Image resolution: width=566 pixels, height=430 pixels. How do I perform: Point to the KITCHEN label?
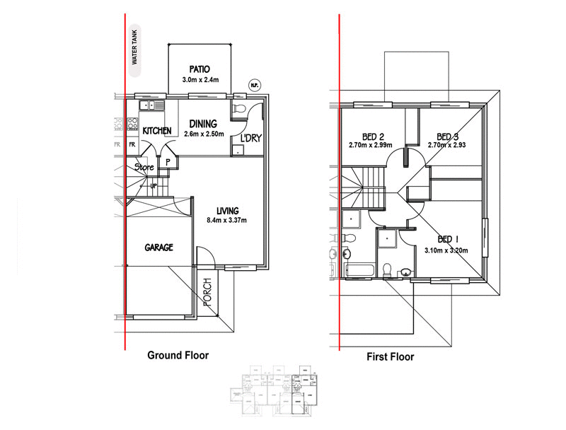(x=156, y=132)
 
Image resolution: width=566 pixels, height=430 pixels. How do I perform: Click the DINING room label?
(x=202, y=124)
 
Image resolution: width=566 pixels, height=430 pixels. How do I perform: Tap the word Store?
(x=144, y=168)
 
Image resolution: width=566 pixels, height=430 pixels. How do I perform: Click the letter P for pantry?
(x=168, y=162)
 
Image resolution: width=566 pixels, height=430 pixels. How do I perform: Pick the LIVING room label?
(x=228, y=211)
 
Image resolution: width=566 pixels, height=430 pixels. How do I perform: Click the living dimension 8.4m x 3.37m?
(x=228, y=221)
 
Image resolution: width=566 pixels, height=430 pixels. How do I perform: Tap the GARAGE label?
(x=159, y=248)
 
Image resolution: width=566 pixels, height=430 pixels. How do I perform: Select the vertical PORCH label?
(x=208, y=291)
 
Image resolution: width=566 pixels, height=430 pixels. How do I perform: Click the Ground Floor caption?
(x=178, y=355)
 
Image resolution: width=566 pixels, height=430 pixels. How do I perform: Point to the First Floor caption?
(x=390, y=356)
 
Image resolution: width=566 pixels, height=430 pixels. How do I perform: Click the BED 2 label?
(x=372, y=136)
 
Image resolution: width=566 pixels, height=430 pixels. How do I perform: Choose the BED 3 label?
(x=448, y=136)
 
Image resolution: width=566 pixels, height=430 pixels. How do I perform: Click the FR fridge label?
(x=131, y=145)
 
